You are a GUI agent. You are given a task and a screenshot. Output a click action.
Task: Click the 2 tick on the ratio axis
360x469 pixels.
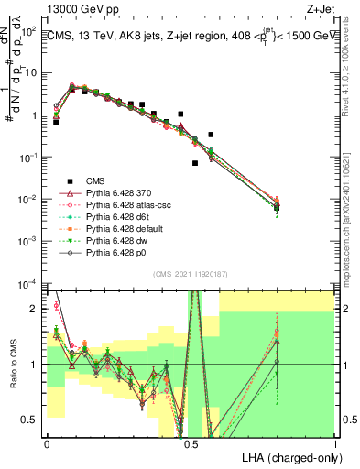tap(36, 309)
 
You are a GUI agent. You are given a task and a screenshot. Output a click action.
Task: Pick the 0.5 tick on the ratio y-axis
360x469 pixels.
tap(31, 420)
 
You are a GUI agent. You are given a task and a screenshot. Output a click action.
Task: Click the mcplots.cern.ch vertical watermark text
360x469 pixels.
tap(350, 183)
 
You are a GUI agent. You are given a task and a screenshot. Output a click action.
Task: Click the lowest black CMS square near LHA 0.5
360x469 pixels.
tap(195, 163)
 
